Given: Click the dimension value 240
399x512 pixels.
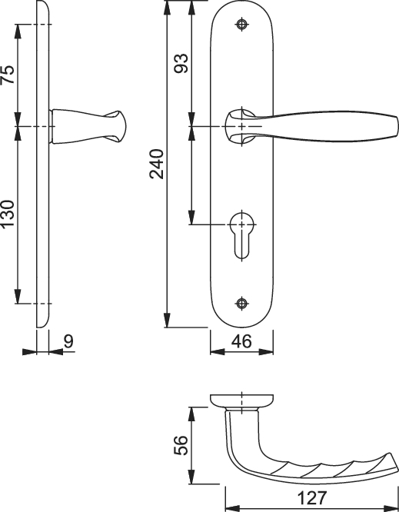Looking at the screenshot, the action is tap(156, 164).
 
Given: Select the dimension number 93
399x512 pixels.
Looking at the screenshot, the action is tap(181, 63).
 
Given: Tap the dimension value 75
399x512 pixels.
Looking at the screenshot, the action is tap(8, 75).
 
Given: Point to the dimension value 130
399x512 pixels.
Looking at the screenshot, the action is tap(8, 214).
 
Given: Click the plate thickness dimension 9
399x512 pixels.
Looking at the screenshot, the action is tap(68, 341).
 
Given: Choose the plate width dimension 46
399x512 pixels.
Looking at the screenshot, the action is tap(241, 341).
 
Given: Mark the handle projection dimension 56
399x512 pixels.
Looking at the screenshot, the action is tap(181, 445).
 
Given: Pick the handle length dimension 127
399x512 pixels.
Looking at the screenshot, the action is tap(312, 498).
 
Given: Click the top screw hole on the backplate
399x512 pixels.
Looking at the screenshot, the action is tap(242, 24).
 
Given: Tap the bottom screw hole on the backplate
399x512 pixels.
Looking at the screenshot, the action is tap(242, 304).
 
